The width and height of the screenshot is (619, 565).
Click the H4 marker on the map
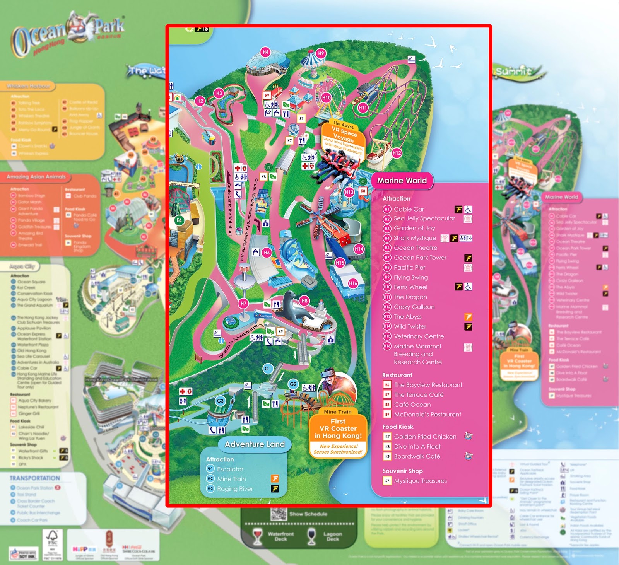coord(265,52)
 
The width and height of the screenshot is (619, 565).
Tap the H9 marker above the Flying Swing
coord(321,53)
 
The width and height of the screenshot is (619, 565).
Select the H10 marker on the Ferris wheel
coord(327,98)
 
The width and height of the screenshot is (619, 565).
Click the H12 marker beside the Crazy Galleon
coord(397,153)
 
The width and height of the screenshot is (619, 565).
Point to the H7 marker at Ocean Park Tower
coord(243,304)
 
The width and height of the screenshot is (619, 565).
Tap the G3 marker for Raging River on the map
coord(220,401)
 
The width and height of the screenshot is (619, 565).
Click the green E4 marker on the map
coord(179,220)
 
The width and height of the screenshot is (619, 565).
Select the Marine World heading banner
coord(402,181)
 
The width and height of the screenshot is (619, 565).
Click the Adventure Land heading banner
coord(255,444)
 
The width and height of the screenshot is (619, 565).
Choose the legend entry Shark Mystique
coord(415,238)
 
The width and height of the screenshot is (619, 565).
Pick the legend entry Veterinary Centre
coord(419,336)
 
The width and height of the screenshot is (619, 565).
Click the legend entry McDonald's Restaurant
coord(427,415)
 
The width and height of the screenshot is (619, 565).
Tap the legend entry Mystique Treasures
coord(420,481)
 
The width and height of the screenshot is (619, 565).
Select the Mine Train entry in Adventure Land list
coord(231,479)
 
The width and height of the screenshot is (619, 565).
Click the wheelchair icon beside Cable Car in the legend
coord(468,209)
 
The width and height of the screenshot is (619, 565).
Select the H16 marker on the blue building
coord(353,283)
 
